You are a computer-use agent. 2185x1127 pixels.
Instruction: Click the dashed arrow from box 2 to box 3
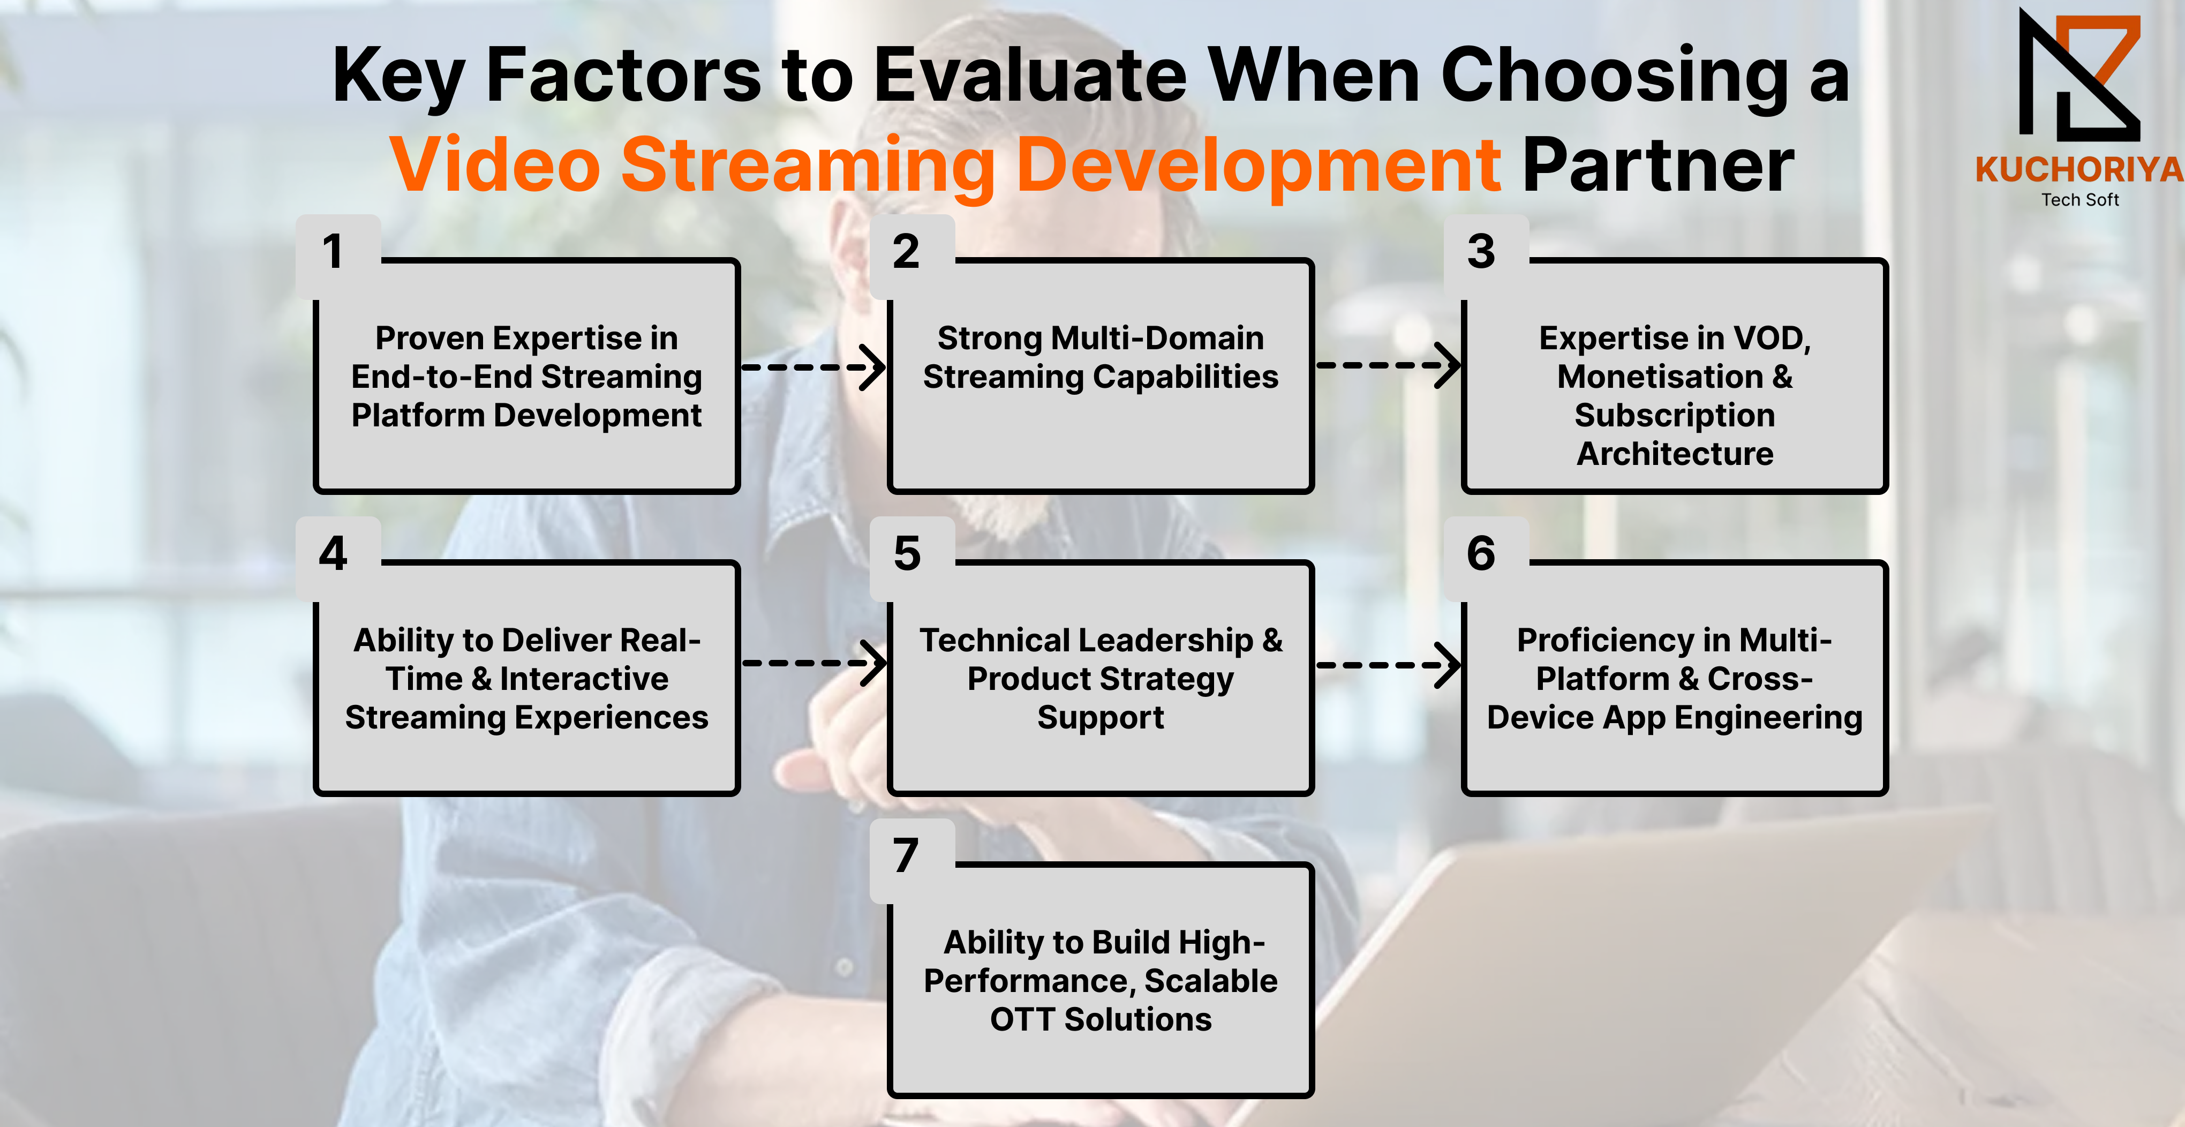1388,366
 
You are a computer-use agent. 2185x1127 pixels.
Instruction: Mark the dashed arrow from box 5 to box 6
1388,665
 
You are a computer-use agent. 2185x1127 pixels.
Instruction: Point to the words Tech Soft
2080,199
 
